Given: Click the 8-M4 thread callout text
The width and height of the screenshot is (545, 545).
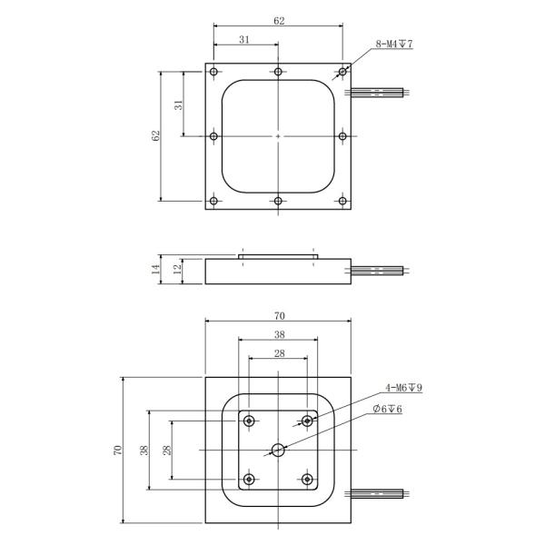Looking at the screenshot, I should (394, 44).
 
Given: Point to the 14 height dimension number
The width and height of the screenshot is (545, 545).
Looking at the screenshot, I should (156, 270).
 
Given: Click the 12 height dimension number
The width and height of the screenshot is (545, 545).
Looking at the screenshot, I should (178, 270).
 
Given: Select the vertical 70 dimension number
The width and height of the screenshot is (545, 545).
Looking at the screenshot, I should (117, 451).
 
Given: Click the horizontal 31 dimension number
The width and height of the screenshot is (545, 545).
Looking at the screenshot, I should (245, 39).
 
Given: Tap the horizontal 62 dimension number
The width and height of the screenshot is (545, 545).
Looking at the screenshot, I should (278, 20).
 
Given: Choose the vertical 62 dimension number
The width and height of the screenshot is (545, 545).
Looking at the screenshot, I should (156, 135).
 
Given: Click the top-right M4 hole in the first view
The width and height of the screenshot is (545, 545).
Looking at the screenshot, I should (342, 72).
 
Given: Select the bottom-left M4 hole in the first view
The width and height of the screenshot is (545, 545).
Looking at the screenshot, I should (213, 201).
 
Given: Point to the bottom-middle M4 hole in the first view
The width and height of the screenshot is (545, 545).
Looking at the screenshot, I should (278, 201).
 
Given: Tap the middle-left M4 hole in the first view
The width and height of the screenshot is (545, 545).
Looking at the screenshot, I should (213, 136).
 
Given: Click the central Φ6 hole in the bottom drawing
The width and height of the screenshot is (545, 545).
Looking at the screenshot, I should (278, 450).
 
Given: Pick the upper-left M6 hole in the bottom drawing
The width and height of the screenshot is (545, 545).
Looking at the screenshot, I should (248, 421).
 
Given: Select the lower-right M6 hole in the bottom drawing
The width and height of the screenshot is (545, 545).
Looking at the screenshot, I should (308, 479).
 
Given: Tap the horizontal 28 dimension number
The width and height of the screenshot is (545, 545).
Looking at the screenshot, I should (278, 352).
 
